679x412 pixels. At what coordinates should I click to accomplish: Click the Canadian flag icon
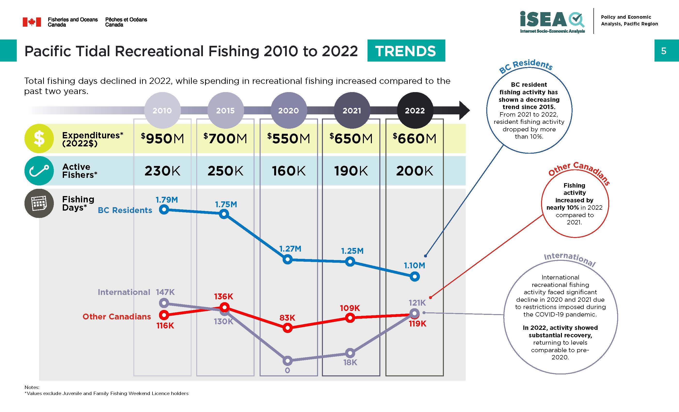click(32, 22)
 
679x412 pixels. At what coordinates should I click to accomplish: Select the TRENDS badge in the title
click(406, 51)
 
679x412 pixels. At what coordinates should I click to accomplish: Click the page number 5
click(663, 51)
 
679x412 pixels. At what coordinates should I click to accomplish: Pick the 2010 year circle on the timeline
click(162, 111)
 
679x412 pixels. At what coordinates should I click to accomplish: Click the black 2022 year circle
click(415, 111)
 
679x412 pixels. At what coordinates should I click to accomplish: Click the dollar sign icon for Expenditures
click(39, 138)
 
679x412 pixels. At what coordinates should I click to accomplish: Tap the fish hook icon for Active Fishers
click(39, 171)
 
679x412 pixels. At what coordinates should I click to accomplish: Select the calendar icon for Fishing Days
click(39, 203)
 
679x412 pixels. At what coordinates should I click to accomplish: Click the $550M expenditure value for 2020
click(288, 138)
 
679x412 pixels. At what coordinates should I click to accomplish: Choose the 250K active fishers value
click(225, 171)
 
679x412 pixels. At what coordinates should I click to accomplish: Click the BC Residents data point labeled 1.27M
click(288, 259)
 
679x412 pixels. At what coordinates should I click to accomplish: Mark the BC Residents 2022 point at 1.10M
click(415, 277)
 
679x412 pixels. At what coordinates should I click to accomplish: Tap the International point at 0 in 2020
click(288, 360)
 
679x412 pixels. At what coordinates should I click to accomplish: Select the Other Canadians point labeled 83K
click(288, 328)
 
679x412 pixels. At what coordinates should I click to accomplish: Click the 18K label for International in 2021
click(350, 362)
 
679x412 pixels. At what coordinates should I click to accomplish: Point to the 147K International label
click(165, 292)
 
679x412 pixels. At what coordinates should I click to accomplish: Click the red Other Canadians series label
click(117, 317)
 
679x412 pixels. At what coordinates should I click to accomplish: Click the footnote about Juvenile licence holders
click(106, 393)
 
